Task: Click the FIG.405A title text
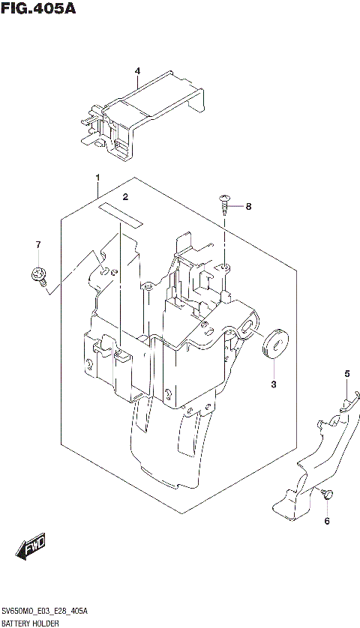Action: click(34, 8)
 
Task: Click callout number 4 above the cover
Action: click(138, 71)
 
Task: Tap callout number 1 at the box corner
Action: click(97, 178)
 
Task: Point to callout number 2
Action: click(125, 197)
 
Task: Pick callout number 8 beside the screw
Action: click(249, 206)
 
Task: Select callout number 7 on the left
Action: click(37, 245)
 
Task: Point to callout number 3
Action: click(274, 384)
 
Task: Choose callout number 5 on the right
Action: click(346, 373)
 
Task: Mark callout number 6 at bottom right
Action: click(327, 520)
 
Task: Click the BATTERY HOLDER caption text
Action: click(30, 622)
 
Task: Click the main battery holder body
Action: click(165, 352)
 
